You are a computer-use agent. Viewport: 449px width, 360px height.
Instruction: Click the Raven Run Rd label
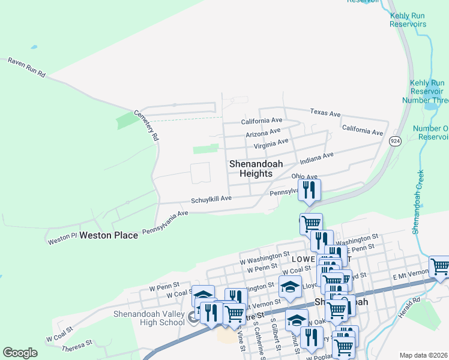[x=26, y=67]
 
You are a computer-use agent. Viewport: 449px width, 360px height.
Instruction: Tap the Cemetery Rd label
[x=146, y=125]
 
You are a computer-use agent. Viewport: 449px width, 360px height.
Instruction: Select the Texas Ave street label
[x=325, y=113]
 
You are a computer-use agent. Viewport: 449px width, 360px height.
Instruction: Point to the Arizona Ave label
[x=263, y=132]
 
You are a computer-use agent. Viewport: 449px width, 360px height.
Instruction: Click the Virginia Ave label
[x=271, y=144]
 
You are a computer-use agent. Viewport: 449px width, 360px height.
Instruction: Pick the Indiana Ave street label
[x=316, y=158]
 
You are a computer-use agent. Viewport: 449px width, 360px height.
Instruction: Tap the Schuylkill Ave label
[x=211, y=199]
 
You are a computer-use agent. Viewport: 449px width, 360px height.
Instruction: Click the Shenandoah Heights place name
[x=256, y=169]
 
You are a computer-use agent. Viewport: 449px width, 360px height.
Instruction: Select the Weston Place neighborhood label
[x=109, y=235]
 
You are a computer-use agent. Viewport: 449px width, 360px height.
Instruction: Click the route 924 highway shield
[x=395, y=140]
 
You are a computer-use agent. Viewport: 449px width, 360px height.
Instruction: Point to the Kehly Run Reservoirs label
[x=408, y=20]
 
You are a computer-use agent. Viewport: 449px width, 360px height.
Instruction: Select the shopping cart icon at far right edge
[x=440, y=266]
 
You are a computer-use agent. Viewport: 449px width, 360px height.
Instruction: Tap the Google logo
[x=20, y=353]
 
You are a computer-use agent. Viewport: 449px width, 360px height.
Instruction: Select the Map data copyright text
[x=423, y=356]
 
